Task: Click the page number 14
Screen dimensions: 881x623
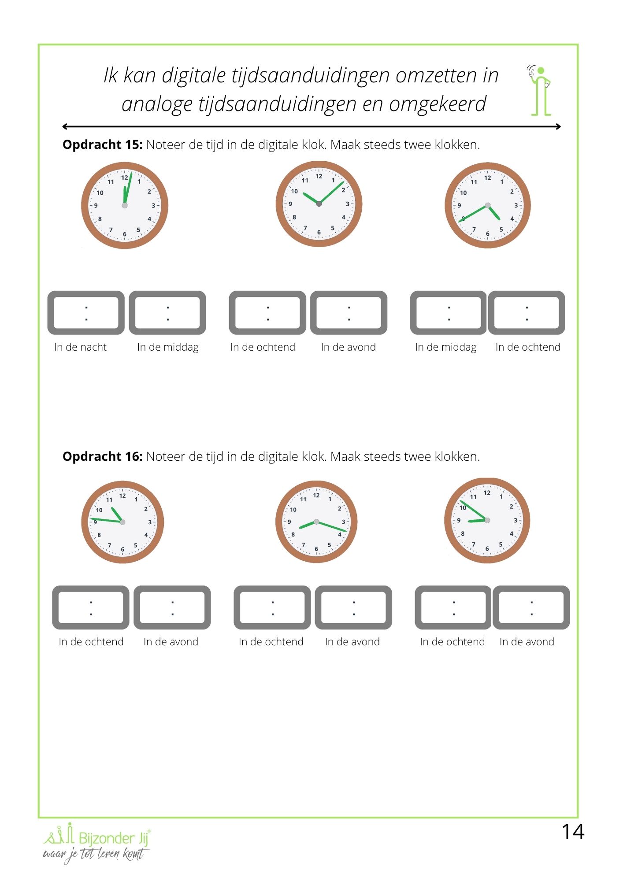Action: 573,832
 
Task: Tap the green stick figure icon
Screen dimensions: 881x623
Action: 541,91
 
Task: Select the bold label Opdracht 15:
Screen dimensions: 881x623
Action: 102,145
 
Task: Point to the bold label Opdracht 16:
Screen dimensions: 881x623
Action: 102,457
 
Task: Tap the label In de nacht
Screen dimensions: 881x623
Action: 80,347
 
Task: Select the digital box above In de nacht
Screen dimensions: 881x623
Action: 86,313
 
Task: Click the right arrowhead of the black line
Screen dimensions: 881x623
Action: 558,126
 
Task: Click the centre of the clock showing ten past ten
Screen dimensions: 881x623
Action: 319,204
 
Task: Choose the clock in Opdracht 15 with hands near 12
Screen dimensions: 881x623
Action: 125,205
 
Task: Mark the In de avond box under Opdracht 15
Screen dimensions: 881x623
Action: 349,313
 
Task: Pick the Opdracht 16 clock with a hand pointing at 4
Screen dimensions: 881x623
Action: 316,522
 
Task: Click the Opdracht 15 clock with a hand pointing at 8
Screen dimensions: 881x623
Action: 487,205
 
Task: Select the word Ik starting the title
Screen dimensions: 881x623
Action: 110,75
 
